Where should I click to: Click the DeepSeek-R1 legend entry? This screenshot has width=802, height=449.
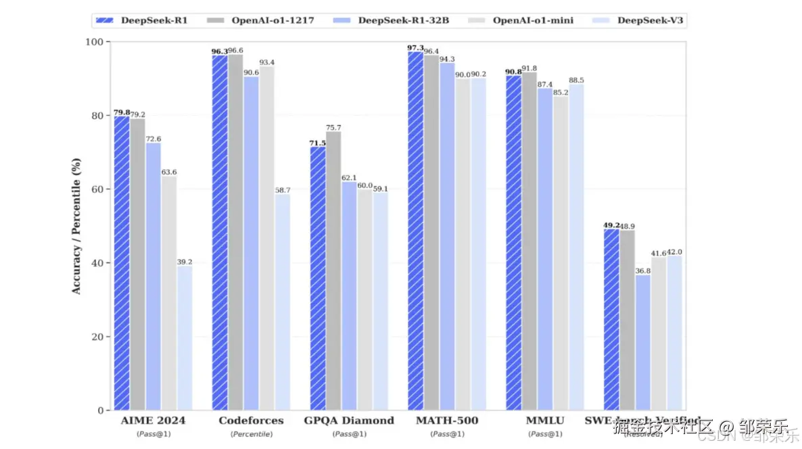(x=141, y=20)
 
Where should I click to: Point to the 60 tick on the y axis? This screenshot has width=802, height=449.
(x=97, y=189)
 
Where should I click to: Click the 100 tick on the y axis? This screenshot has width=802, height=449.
(x=95, y=42)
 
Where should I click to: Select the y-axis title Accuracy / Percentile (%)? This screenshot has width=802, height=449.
(x=76, y=226)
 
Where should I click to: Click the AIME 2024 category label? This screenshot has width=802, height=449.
(x=154, y=421)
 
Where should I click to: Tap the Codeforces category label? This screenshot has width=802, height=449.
(x=251, y=421)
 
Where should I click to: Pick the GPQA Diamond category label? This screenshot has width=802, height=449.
(x=349, y=421)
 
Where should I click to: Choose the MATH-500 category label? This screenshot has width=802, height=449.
(x=447, y=421)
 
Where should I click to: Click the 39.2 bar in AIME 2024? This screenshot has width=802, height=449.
(x=185, y=337)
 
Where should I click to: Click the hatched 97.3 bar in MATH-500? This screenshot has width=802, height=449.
(x=415, y=231)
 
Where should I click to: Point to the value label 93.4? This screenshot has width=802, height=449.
(x=267, y=62)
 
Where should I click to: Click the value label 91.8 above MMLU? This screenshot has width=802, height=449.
(x=529, y=68)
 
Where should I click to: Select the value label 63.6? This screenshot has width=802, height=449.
(x=169, y=172)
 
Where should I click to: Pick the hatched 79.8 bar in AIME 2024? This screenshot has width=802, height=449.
(x=122, y=263)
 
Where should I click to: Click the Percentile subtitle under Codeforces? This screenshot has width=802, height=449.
(x=251, y=433)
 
